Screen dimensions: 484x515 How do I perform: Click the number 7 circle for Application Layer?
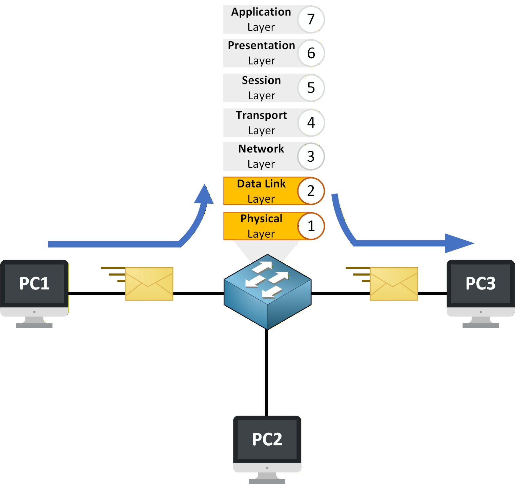(311, 19)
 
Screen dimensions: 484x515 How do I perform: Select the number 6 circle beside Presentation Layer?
(311, 53)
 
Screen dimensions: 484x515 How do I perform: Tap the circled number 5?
(311, 88)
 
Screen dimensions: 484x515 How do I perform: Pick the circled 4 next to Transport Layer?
(311, 122)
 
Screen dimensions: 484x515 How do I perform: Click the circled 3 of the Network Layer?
(311, 157)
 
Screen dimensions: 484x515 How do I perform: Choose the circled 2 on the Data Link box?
(311, 191)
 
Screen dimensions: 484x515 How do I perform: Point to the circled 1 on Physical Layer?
(311, 226)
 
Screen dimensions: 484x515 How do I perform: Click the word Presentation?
(261, 45)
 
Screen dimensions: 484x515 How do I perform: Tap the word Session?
(261, 80)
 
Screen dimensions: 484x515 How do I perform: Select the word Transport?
(261, 115)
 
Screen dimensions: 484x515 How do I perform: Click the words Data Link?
(261, 184)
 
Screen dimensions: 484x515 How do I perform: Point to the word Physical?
(261, 219)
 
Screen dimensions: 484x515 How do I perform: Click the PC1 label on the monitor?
(34, 283)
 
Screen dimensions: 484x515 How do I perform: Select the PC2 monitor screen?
(267, 439)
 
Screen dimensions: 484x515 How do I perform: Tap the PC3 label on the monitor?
(480, 283)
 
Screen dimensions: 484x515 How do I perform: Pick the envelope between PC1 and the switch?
(149, 284)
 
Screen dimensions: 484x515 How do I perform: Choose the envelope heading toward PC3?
(393, 284)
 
